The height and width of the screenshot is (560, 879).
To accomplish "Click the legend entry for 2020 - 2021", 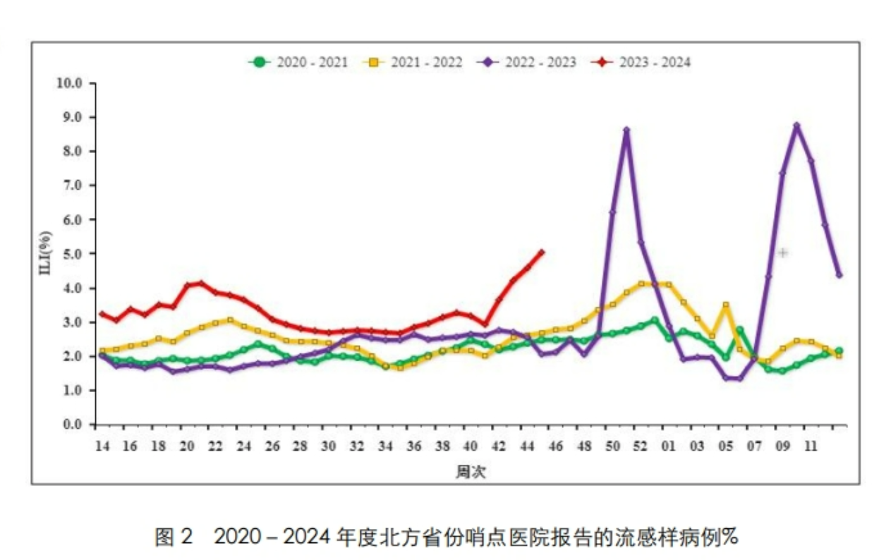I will [298, 62].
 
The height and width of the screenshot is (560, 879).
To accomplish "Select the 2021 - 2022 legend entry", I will [413, 62].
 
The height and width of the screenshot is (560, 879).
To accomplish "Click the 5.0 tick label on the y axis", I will [73, 254].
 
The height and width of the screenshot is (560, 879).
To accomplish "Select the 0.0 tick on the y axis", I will [73, 425].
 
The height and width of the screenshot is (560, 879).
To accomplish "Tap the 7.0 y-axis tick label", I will [73, 185].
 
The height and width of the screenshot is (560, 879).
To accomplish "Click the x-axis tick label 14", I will [102, 446].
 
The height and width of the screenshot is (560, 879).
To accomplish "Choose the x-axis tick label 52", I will [641, 446].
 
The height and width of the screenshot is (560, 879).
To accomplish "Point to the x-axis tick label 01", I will [669, 446].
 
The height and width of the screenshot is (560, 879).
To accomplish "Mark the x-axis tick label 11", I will [811, 446].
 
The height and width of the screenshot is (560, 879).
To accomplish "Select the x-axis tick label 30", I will [328, 446].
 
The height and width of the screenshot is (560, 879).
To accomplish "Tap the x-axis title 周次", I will [471, 471].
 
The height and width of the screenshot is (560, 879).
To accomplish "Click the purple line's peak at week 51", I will [626, 130].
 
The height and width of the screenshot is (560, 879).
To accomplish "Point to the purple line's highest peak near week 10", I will [796, 126].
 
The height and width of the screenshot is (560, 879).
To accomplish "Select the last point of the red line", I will [541, 252].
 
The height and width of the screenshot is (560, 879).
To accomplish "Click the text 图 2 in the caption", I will [174, 537].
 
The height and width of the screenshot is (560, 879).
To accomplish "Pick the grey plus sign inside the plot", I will [782, 252].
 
